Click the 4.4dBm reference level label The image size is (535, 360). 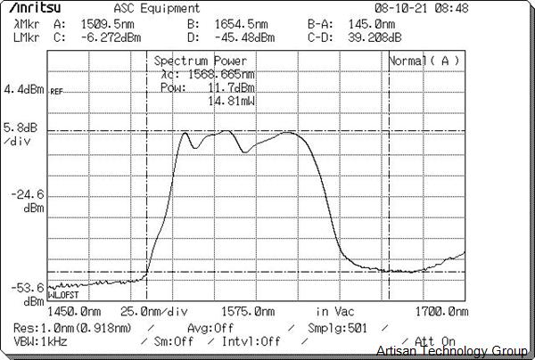tap(24, 90)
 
